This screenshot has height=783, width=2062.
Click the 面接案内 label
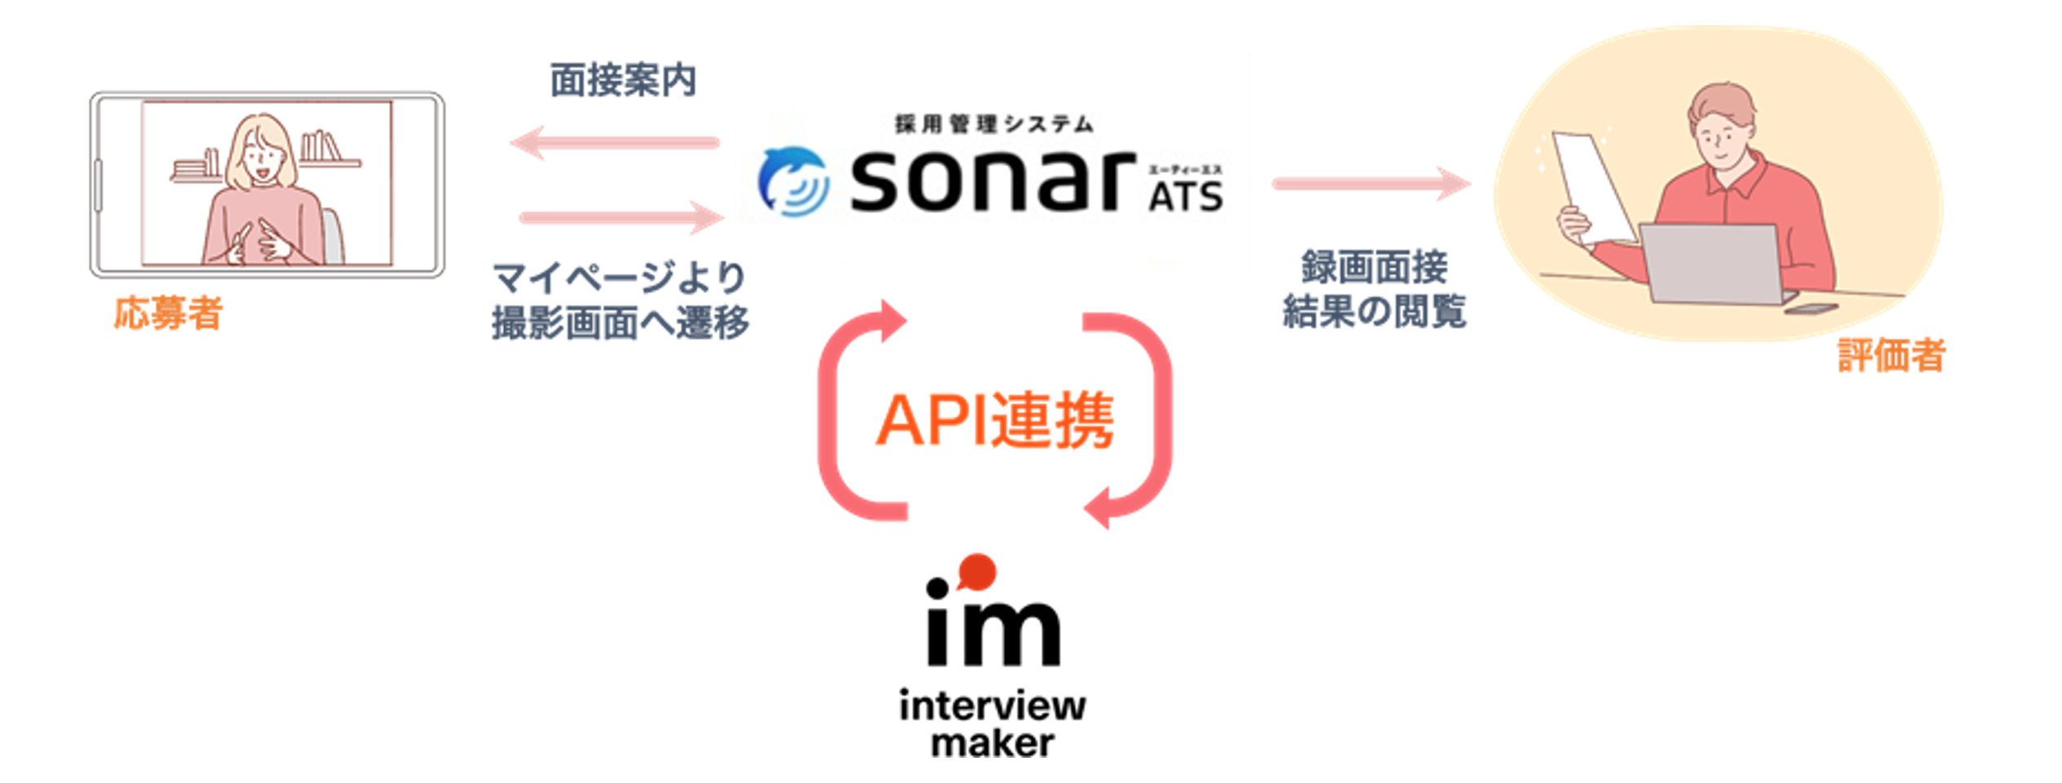pos(623,81)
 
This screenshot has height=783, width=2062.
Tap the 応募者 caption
pos(168,313)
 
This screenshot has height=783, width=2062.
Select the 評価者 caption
pos(1891,356)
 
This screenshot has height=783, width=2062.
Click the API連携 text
pos(994,421)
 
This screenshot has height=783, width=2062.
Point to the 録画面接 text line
pos(1374,267)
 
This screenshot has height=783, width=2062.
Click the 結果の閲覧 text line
pos(1374,311)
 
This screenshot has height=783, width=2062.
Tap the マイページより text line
pos(620,278)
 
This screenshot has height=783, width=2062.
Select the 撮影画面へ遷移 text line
pos(620,323)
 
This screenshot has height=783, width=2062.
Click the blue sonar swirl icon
pos(793,181)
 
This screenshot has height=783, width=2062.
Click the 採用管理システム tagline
pos(994,124)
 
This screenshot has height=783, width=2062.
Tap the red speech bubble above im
pos(976,571)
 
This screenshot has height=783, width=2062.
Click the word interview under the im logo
pos(992,706)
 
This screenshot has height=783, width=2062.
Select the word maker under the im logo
pos(992,743)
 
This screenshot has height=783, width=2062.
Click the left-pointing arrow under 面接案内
pos(615,143)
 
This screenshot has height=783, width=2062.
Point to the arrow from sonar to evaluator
pos(1371,184)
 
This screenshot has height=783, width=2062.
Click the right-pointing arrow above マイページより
pos(621,217)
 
